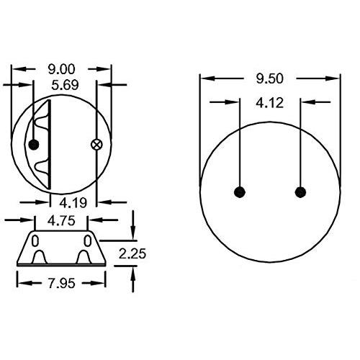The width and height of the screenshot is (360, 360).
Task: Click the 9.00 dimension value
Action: pyautogui.click(x=61, y=69)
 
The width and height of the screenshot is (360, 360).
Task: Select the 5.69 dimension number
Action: pyautogui.click(x=65, y=85)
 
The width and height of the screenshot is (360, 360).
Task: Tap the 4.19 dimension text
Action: pyautogui.click(x=73, y=203)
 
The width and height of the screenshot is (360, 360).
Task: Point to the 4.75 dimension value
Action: pyautogui.click(x=61, y=220)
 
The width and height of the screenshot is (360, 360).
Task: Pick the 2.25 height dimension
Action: pyautogui.click(x=132, y=254)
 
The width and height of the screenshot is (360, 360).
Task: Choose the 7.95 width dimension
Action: pyautogui.click(x=62, y=284)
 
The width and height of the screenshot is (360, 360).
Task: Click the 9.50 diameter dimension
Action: pyautogui.click(x=270, y=78)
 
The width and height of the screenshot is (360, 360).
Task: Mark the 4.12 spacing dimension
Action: pyautogui.click(x=270, y=103)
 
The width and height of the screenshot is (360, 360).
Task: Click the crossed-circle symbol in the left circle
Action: pyautogui.click(x=96, y=145)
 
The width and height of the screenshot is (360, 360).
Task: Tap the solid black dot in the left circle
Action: pyautogui.click(x=34, y=145)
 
